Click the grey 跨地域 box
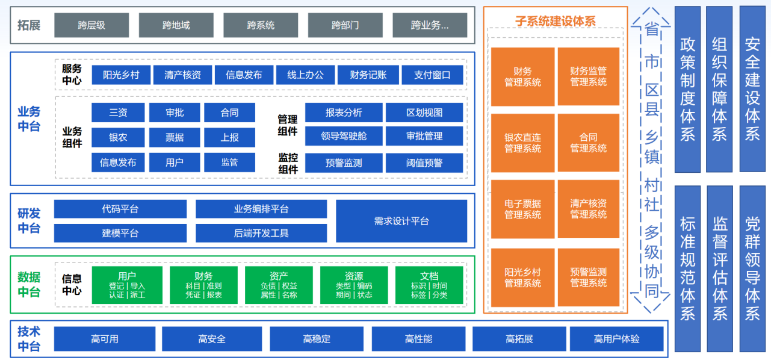pos(176,25)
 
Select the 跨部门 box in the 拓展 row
pos(345,25)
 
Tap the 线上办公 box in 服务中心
pos(305,75)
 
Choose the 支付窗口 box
pos(432,75)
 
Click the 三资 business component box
pos(118,113)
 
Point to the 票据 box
pos(175,137)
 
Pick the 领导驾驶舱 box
pos(344,136)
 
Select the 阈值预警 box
pos(424,163)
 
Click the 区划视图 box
pos(424,113)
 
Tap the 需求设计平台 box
pos(401,221)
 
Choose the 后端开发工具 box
pos(261,233)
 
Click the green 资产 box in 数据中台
pos(279,285)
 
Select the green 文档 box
pos(429,285)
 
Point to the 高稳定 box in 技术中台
pos(317,339)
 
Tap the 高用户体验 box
pos(616,339)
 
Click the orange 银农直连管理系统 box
pos(522,143)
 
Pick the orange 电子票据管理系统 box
pos(522,209)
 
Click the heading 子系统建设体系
pos(555,21)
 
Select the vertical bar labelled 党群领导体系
pos(752,268)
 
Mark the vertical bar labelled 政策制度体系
pos(687,89)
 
